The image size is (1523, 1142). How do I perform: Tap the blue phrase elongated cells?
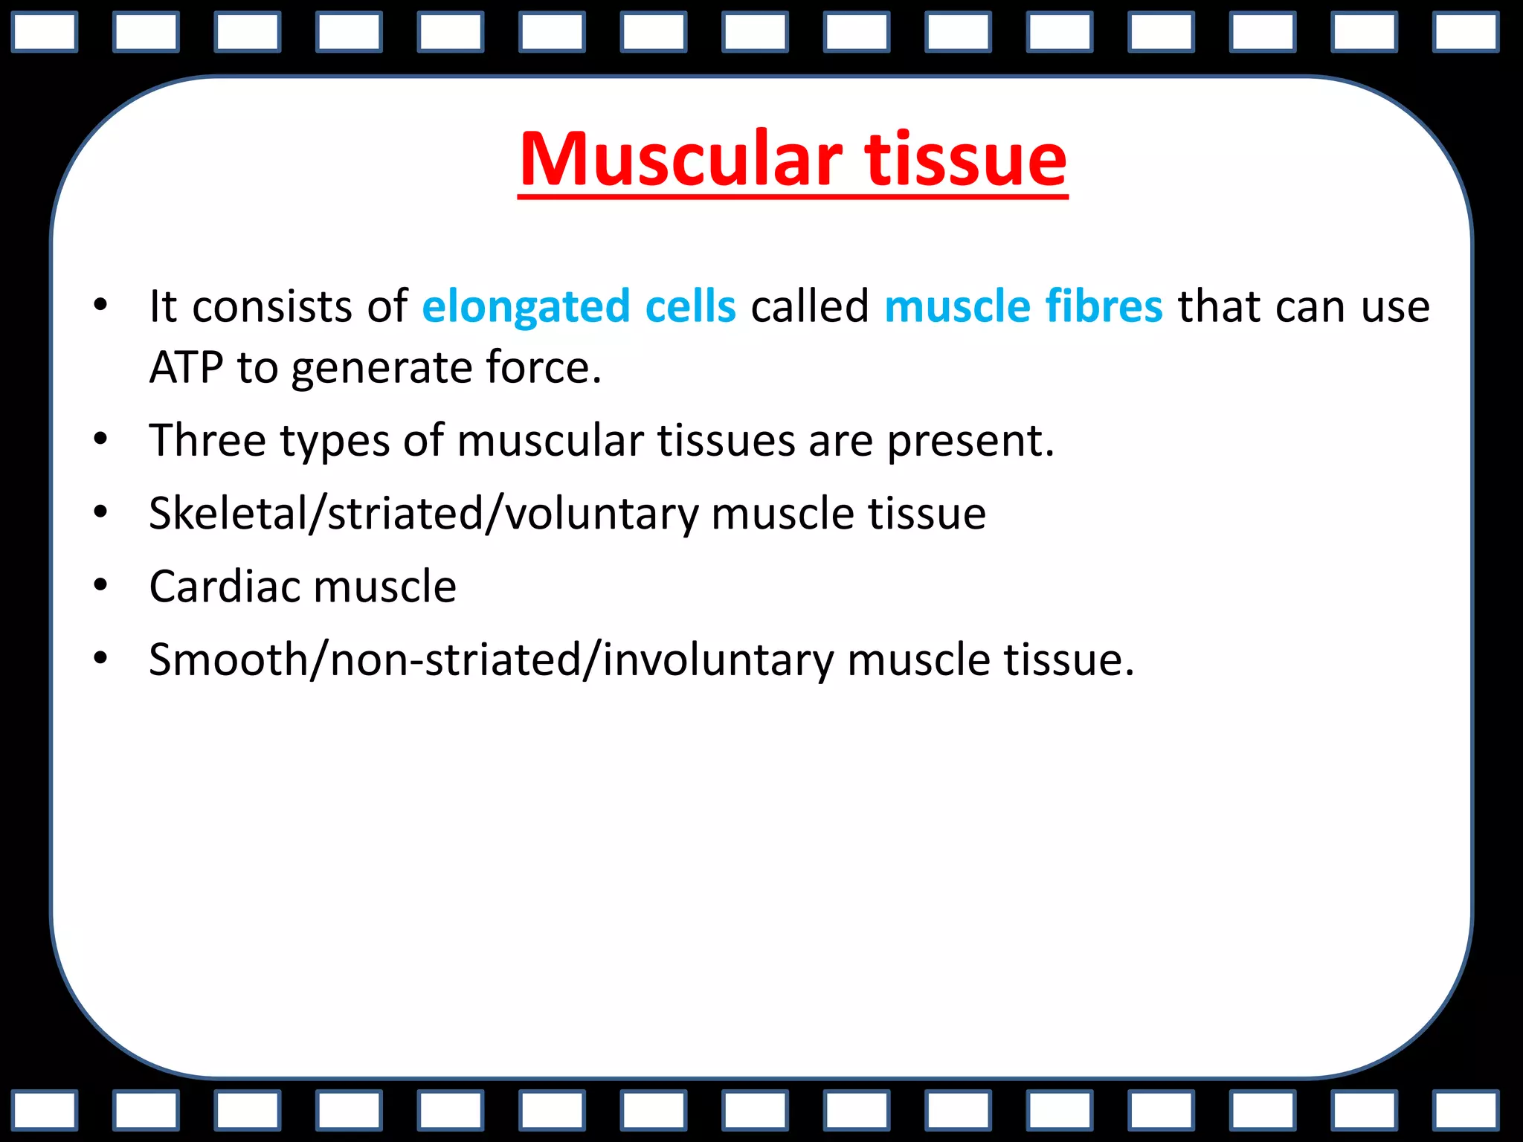click(x=579, y=306)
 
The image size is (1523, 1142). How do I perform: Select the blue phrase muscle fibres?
click(x=1023, y=306)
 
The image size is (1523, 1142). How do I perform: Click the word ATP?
click(x=186, y=367)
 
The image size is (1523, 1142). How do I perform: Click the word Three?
click(x=207, y=440)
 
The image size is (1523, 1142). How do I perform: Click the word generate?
click(x=381, y=369)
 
